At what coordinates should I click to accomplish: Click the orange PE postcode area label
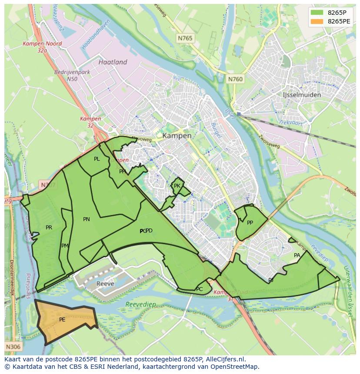coord(62,320)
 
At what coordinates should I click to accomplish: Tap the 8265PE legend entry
coord(339,21)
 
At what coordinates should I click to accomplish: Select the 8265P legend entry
coord(337,13)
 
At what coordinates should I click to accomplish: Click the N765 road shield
coord(185,39)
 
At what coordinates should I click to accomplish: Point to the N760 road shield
coord(235,79)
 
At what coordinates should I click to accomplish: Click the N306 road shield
coord(13,347)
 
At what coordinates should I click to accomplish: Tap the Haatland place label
coord(113,62)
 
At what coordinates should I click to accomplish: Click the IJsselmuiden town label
coord(301,95)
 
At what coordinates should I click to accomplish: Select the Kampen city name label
coord(177,136)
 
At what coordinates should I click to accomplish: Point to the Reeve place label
coord(105,284)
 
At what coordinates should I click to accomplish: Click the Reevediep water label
coord(140,305)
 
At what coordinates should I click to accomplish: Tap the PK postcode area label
coord(177,186)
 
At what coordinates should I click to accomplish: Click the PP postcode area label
coord(250,223)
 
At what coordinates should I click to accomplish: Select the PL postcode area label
coord(97,159)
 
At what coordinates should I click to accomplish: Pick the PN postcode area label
coord(87,219)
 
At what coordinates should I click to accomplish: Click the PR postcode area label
coord(49,227)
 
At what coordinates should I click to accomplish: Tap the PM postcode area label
coord(65,246)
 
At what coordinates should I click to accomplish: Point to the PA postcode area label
coord(297,255)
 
